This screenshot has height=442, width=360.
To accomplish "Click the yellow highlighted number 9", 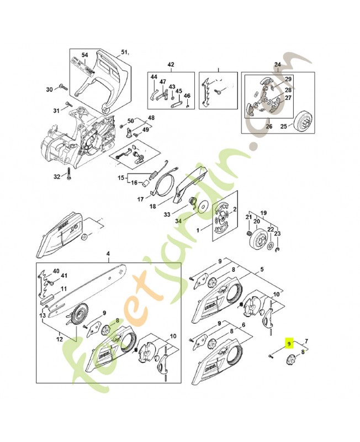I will coord(289,343).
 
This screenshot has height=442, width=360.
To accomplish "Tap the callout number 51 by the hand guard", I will coord(124,53).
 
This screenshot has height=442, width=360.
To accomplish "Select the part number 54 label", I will coord(84,55).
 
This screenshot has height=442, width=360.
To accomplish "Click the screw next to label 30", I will coord(61,88).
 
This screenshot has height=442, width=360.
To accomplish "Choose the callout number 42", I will coord(171,65).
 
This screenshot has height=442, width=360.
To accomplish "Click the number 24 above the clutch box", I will coord(277,65).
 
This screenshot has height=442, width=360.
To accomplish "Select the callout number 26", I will coord(269,126).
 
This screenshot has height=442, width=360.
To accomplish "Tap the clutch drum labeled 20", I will coord(256,239).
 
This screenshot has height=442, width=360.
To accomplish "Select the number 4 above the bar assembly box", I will coord(108,254).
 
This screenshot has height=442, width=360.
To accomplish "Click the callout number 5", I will coord(262,270).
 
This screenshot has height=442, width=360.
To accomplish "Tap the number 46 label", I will coord(187,96).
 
